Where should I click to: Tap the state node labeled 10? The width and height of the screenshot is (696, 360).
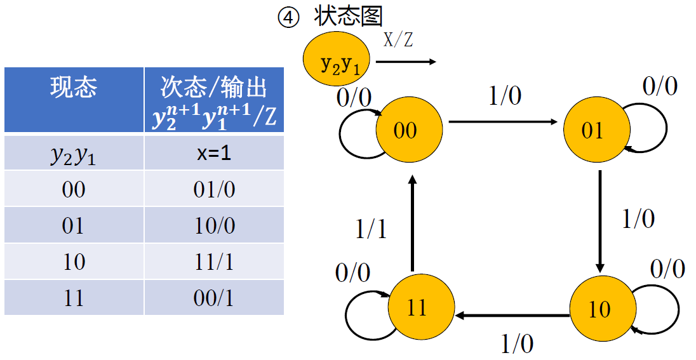coord(599,309)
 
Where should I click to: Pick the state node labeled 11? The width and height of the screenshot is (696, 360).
coord(417,308)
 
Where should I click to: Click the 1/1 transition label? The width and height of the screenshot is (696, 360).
coord(371,229)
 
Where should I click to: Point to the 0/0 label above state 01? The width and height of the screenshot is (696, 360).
coord(660,86)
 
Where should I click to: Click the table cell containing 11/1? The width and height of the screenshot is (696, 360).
coord(214,262)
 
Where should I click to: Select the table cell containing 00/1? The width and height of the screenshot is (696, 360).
coord(214,298)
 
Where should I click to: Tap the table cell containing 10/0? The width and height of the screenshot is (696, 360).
coord(214,225)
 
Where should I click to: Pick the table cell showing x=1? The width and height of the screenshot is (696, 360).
coord(214,153)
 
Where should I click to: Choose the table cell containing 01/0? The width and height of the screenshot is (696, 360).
coord(214,189)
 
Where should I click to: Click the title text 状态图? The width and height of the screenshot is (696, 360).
coord(348,16)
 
